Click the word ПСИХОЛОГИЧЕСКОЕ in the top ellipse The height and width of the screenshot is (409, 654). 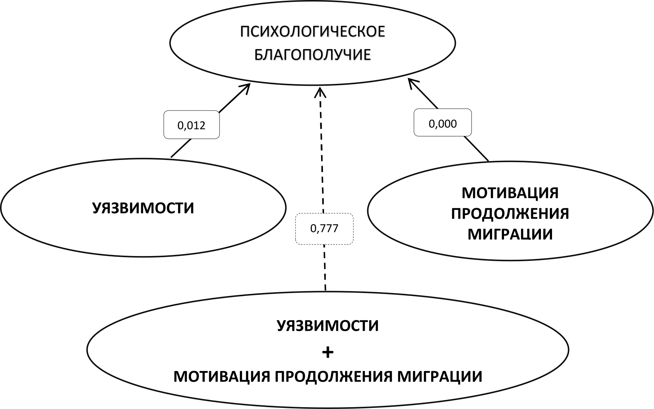(313, 32)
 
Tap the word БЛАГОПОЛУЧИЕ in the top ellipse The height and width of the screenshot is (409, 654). (313, 55)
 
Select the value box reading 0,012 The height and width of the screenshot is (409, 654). (191, 125)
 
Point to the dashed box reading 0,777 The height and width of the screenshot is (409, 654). (324, 229)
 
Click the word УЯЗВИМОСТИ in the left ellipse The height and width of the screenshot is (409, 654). (143, 208)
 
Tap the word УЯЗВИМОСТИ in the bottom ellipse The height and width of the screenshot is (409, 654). (328, 326)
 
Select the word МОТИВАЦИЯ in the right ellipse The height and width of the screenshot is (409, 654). (510, 193)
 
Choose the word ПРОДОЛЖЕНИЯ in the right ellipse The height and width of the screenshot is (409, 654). (510, 214)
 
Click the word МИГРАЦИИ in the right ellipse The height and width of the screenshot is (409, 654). (510, 234)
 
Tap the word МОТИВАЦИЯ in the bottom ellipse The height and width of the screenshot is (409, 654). (221, 377)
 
